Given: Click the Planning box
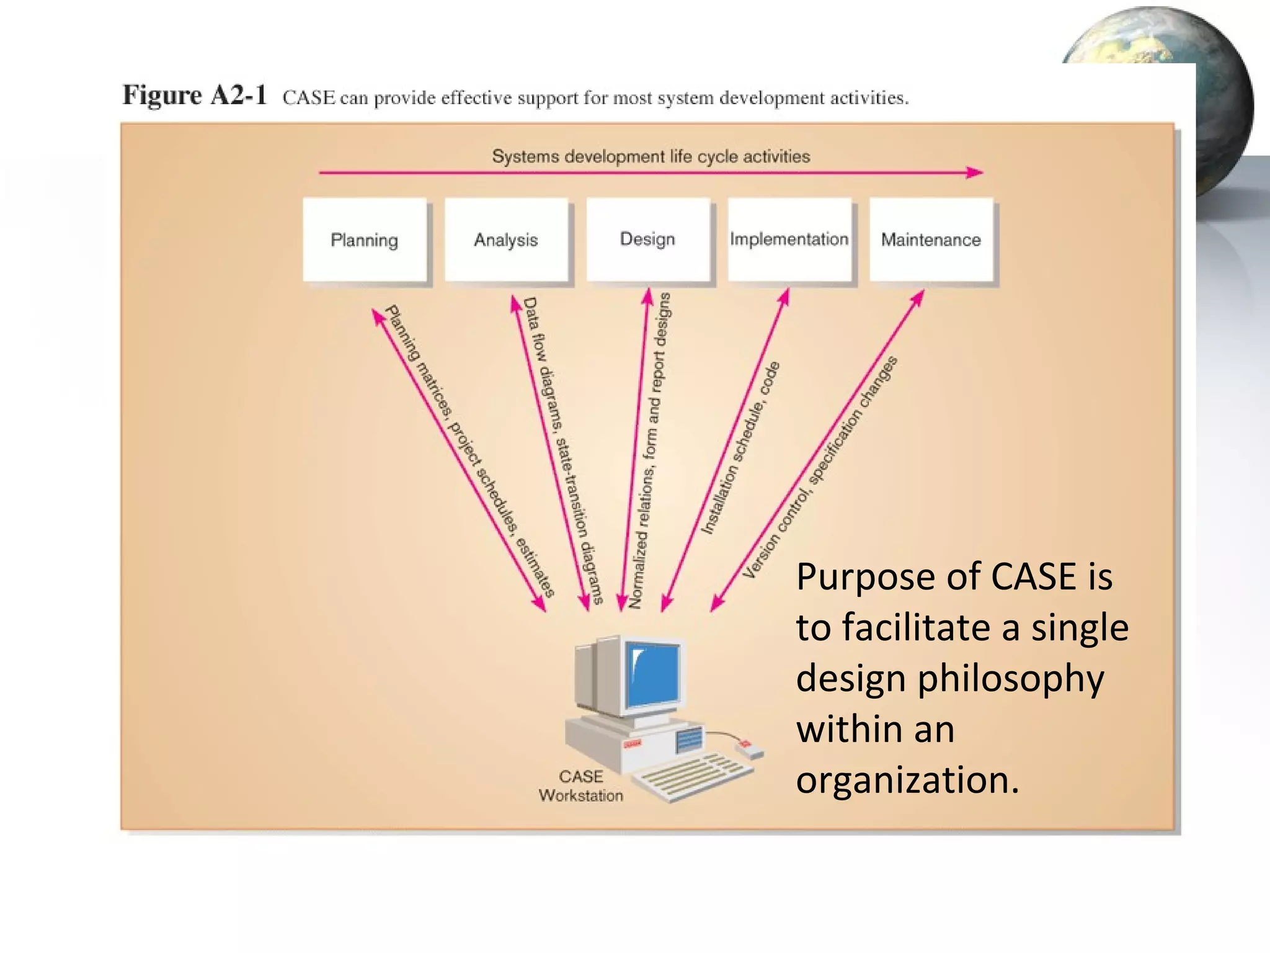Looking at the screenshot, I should click(x=365, y=240).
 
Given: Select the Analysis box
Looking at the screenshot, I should click(x=506, y=240).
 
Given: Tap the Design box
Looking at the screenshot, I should click(x=647, y=239).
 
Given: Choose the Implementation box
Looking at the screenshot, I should click(x=789, y=239).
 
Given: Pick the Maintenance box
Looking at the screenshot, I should click(x=931, y=240).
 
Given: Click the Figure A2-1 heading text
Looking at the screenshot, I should click(x=195, y=96).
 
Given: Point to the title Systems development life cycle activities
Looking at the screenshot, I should click(x=651, y=156).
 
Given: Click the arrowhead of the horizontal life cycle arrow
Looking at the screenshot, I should click(x=975, y=172).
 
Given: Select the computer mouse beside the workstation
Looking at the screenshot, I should click(x=749, y=749).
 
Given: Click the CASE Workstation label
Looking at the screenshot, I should click(x=581, y=785).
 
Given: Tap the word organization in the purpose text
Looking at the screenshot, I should click(x=907, y=780).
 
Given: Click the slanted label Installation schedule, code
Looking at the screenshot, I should click(x=740, y=448).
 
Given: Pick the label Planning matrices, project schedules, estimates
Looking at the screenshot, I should click(x=469, y=450).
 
